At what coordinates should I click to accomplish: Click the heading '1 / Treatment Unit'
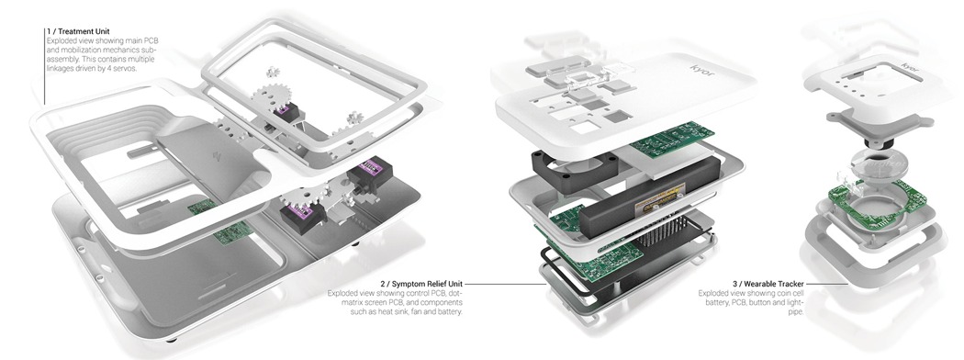[79, 31]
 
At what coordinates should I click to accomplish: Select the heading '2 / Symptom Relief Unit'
[421, 284]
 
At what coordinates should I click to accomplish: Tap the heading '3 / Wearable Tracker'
[768, 284]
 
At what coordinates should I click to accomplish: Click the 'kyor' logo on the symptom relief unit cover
[702, 70]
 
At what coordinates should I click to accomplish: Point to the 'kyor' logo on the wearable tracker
[910, 66]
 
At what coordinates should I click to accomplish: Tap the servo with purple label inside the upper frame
[286, 113]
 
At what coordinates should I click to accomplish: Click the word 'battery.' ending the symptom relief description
[449, 312]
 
